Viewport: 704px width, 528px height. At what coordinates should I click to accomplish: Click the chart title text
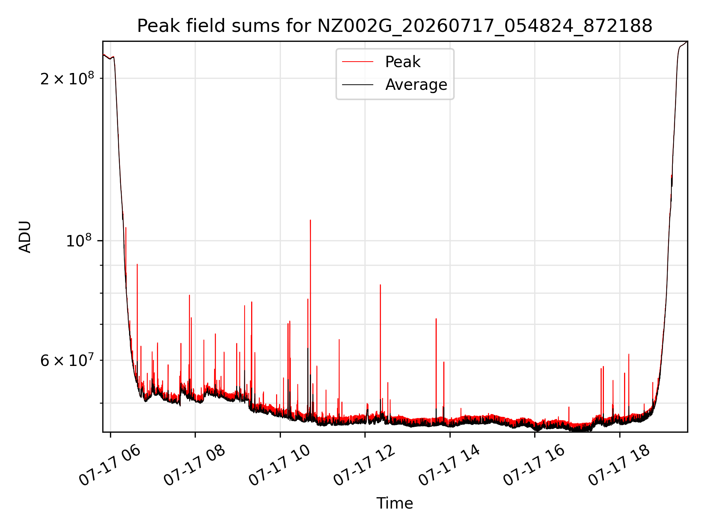[x=395, y=26]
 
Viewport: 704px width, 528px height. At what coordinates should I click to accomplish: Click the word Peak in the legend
[x=403, y=62]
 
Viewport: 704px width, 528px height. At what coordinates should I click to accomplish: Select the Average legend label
[x=416, y=85]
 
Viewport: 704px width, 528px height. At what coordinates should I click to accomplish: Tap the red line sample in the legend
[x=357, y=62]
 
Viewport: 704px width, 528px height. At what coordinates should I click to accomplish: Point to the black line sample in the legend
[x=357, y=85]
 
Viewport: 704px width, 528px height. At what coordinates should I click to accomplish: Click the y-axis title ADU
[x=25, y=237]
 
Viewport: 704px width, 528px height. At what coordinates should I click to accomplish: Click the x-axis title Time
[x=395, y=503]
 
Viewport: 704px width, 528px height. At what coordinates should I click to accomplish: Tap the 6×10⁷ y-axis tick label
[x=67, y=360]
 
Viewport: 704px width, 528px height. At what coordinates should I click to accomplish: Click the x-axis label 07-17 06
[x=110, y=466]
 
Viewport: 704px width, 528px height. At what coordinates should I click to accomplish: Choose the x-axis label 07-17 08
[x=194, y=466]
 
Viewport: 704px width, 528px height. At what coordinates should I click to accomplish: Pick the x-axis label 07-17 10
[x=279, y=466]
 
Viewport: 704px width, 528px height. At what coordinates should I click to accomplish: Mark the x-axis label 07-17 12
[x=364, y=466]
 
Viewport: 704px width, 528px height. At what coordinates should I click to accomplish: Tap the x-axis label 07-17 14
[x=449, y=466]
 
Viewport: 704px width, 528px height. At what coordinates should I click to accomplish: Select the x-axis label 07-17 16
[x=534, y=466]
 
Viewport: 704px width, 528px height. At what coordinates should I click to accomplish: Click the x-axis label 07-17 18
[x=619, y=466]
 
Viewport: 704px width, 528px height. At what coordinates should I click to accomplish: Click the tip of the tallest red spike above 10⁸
[x=310, y=220]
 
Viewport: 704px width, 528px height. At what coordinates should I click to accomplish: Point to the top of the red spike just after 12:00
[x=380, y=285]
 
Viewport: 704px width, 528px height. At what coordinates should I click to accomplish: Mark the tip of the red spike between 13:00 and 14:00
[x=436, y=319]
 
